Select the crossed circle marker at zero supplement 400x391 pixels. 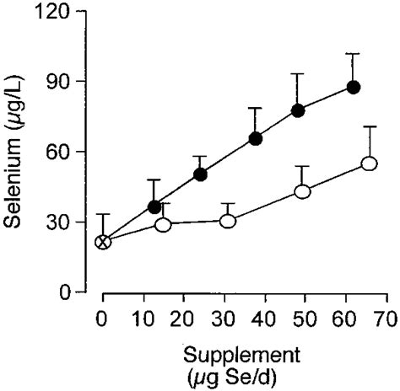pos(103,242)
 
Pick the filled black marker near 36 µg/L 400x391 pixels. pos(154,206)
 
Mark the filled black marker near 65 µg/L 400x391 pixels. pos(256,138)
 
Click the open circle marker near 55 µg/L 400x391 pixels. pos(369,163)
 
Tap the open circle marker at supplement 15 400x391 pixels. pos(164,225)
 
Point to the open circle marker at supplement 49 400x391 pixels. pos(302,191)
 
